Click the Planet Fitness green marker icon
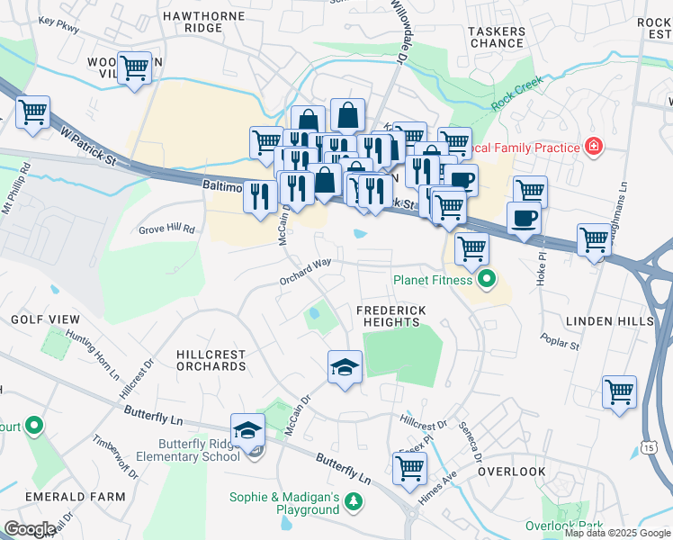(487, 280)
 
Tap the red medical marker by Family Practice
(593, 146)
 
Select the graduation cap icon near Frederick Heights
(345, 367)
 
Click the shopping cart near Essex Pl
(409, 467)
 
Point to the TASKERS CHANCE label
(497, 37)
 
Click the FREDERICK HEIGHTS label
(390, 316)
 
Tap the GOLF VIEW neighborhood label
(45, 319)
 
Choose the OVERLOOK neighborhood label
(512, 472)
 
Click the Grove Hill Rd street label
(166, 229)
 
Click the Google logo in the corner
(30, 529)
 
